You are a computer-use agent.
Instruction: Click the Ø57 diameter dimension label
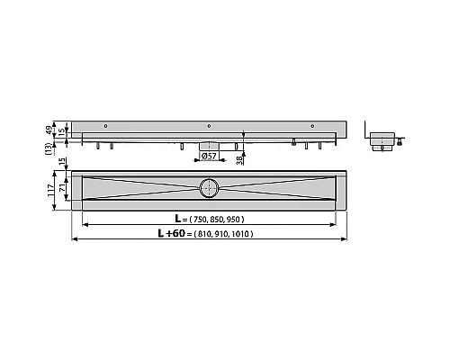click(x=207, y=155)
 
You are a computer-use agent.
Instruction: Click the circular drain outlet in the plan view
click(x=209, y=188)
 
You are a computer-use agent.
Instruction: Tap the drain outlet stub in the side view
click(x=208, y=146)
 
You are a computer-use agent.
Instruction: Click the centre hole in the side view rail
click(x=209, y=125)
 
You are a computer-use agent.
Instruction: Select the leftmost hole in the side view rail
click(x=106, y=125)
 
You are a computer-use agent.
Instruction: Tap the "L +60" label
click(x=169, y=234)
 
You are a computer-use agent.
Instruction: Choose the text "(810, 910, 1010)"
click(x=220, y=234)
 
